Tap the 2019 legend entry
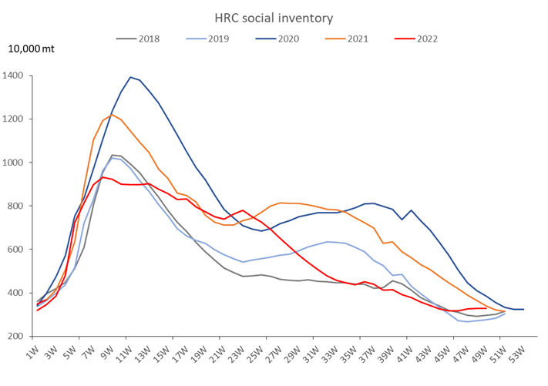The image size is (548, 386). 217,39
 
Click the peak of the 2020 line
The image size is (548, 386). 131,77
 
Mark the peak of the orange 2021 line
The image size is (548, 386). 112,115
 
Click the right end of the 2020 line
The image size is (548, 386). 523,309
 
